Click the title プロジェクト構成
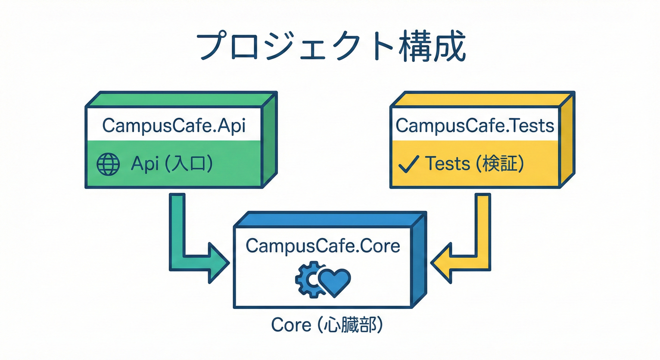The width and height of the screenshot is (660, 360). (x=330, y=47)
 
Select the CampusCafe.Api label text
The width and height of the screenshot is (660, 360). (x=173, y=126)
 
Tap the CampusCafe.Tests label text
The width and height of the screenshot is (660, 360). (x=475, y=126)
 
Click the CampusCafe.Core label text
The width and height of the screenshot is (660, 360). (x=323, y=246)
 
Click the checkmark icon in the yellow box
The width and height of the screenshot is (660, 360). (x=408, y=164)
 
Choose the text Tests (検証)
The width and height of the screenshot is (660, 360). (x=473, y=164)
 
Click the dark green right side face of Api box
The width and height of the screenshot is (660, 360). (x=270, y=141)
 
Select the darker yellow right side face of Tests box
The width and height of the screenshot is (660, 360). (x=567, y=141)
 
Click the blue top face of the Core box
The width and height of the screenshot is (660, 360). (x=328, y=219)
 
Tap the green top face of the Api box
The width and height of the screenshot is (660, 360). (x=180, y=99)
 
